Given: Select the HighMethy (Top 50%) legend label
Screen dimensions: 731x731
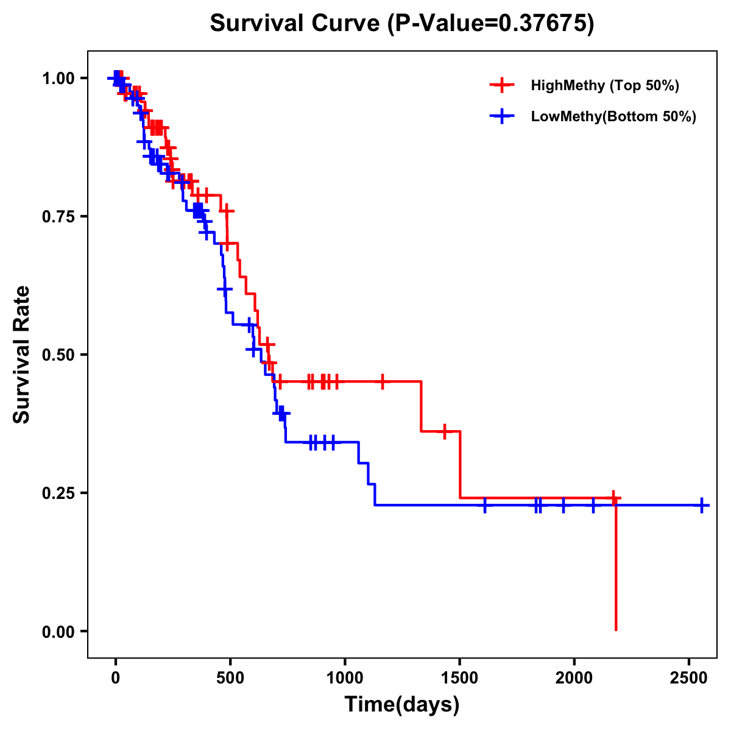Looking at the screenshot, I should tap(604, 85).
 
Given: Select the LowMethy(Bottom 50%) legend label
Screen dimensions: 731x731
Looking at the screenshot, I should tap(613, 116).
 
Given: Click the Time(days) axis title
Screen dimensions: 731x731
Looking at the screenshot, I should tap(402, 705).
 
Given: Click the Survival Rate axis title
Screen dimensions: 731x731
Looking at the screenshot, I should tap(22, 355).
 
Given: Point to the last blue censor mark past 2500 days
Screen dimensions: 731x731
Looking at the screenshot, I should tap(702, 506).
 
